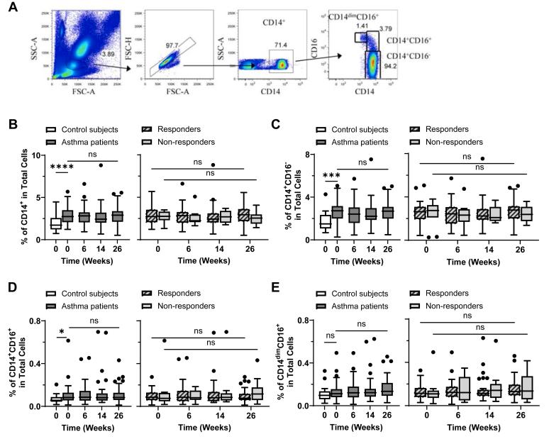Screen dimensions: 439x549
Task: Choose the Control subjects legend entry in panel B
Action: pyautogui.click(x=89, y=130)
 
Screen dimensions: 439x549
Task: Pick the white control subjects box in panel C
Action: pyautogui.click(x=325, y=221)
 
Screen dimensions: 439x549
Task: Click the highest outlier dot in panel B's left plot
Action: pyautogui.click(x=101, y=165)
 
